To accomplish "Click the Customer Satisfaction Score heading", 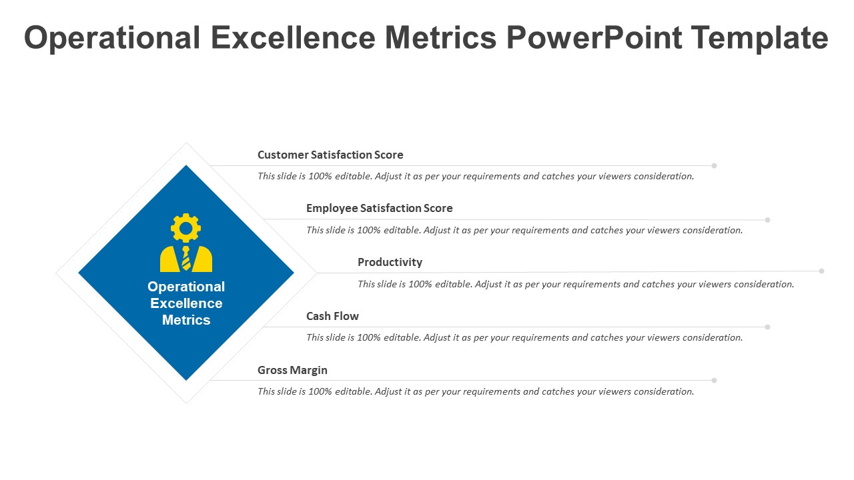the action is [330, 155].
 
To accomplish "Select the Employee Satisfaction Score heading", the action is [380, 208].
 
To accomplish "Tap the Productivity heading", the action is [390, 262].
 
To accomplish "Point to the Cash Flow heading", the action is [332, 316].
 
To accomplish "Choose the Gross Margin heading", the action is [292, 370].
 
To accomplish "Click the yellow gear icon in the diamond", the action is [185, 228].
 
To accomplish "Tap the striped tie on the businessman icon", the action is [186, 258].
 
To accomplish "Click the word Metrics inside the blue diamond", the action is [186, 320].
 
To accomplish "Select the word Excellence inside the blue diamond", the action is [186, 303].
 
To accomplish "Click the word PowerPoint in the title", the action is [594, 37].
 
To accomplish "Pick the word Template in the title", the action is [759, 37].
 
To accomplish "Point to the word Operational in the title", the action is [112, 37].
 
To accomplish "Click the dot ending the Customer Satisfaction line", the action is [714, 166].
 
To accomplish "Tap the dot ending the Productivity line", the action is [821, 271].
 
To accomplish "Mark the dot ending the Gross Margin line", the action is [714, 380].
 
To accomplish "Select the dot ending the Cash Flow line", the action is [767, 327].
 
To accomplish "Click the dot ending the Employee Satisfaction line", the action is [767, 220].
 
